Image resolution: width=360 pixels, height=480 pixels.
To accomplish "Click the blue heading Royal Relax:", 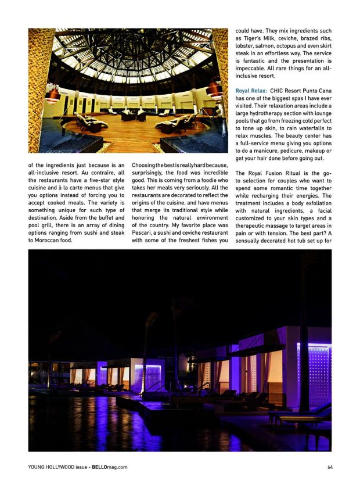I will tap(251, 91).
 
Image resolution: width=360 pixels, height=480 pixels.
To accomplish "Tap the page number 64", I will tap(330, 467).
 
